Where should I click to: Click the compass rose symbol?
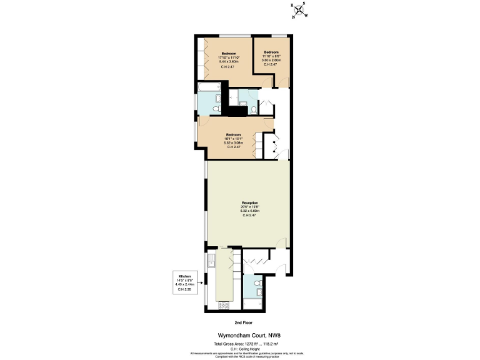(297, 11)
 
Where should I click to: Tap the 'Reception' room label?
(249, 203)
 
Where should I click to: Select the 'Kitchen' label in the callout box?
(184, 275)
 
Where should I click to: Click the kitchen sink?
(212, 262)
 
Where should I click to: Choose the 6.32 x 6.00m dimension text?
(249, 211)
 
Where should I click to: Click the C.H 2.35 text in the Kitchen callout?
(184, 289)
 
